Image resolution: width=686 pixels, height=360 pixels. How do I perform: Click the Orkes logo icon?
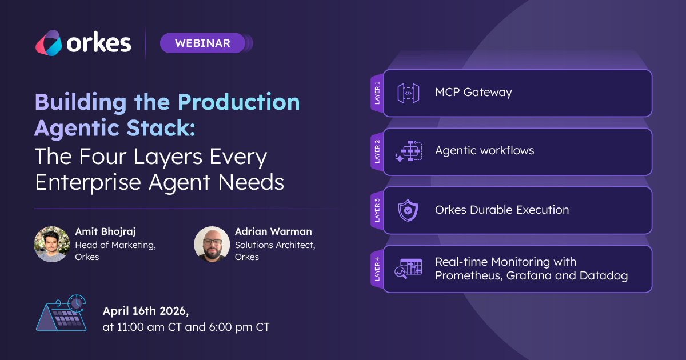coord(49,43)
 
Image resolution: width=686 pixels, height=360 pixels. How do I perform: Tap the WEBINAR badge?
coord(202,43)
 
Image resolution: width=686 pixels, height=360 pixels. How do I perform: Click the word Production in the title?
coord(238,102)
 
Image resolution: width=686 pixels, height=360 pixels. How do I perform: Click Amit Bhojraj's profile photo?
coord(51,244)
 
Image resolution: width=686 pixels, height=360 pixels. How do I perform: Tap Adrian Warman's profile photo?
coord(212,244)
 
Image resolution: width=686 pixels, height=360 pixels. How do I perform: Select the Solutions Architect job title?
coord(275,245)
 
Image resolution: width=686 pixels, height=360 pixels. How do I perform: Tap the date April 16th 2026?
coord(145,311)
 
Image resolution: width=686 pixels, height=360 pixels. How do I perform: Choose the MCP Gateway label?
coord(473,92)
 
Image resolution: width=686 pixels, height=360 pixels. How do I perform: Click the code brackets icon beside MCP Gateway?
coord(408,93)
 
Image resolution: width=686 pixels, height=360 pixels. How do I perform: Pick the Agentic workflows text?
coord(484,150)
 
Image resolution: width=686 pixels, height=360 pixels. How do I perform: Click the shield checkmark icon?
coord(408,210)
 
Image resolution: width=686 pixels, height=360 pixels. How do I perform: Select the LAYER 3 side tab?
coord(377,210)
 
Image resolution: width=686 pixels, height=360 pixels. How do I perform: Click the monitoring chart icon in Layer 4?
coord(408,269)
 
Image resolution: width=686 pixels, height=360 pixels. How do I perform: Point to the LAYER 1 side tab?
coord(377,93)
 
